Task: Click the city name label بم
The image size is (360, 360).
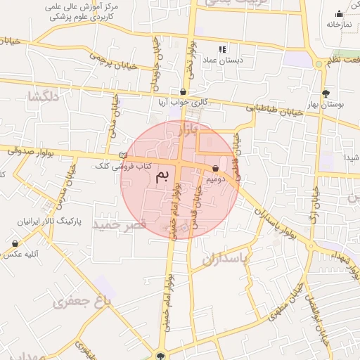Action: [x=162, y=176]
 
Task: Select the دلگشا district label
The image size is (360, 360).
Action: [x=40, y=96]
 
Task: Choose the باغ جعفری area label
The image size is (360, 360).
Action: [x=82, y=302]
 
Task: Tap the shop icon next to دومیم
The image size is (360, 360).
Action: [x=215, y=168]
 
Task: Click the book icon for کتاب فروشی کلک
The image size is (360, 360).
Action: [x=124, y=155]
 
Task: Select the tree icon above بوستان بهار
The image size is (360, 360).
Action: [x=325, y=94]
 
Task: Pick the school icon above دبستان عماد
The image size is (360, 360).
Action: [x=222, y=49]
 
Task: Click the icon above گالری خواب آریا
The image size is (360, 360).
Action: [x=184, y=91]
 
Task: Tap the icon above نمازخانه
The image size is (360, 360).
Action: [x=339, y=13]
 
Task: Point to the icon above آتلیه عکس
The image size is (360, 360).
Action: [x=15, y=243]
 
